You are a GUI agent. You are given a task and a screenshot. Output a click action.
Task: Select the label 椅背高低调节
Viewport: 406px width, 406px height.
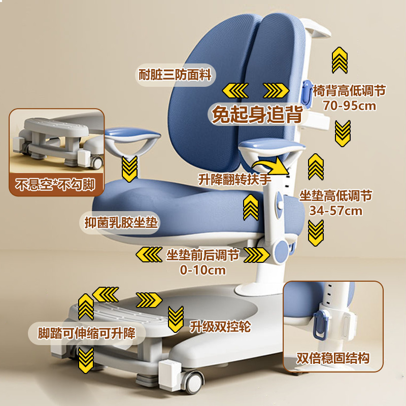click(x=350, y=91)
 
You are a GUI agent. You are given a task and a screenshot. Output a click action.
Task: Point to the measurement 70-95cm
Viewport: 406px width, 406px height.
click(x=350, y=106)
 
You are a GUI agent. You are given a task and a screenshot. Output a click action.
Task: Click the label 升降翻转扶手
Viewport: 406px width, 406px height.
click(x=234, y=180)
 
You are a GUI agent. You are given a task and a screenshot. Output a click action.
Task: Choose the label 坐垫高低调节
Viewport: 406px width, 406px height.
click(x=336, y=196)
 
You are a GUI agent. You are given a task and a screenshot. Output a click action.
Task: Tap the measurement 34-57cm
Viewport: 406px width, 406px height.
click(x=336, y=210)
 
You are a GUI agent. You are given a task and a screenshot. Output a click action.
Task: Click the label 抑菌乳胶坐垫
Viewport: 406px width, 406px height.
click(x=122, y=223)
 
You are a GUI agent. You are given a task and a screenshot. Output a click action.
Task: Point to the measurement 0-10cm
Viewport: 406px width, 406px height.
click(x=202, y=269)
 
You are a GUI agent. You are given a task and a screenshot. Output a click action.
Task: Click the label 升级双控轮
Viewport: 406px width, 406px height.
click(x=220, y=326)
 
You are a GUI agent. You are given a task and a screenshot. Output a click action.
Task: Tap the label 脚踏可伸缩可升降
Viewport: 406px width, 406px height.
click(x=87, y=333)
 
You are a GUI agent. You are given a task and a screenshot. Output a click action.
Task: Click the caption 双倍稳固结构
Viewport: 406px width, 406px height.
click(x=333, y=358)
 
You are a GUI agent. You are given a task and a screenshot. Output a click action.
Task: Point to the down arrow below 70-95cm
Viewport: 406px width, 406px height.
click(x=343, y=133)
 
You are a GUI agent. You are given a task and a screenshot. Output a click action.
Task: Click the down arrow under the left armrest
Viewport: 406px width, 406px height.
click(x=130, y=168)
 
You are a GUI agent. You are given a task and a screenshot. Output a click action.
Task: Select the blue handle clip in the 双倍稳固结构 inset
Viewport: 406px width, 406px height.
click(x=319, y=323)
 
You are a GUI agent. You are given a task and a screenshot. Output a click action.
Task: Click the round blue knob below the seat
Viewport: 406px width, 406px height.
click(x=280, y=252)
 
